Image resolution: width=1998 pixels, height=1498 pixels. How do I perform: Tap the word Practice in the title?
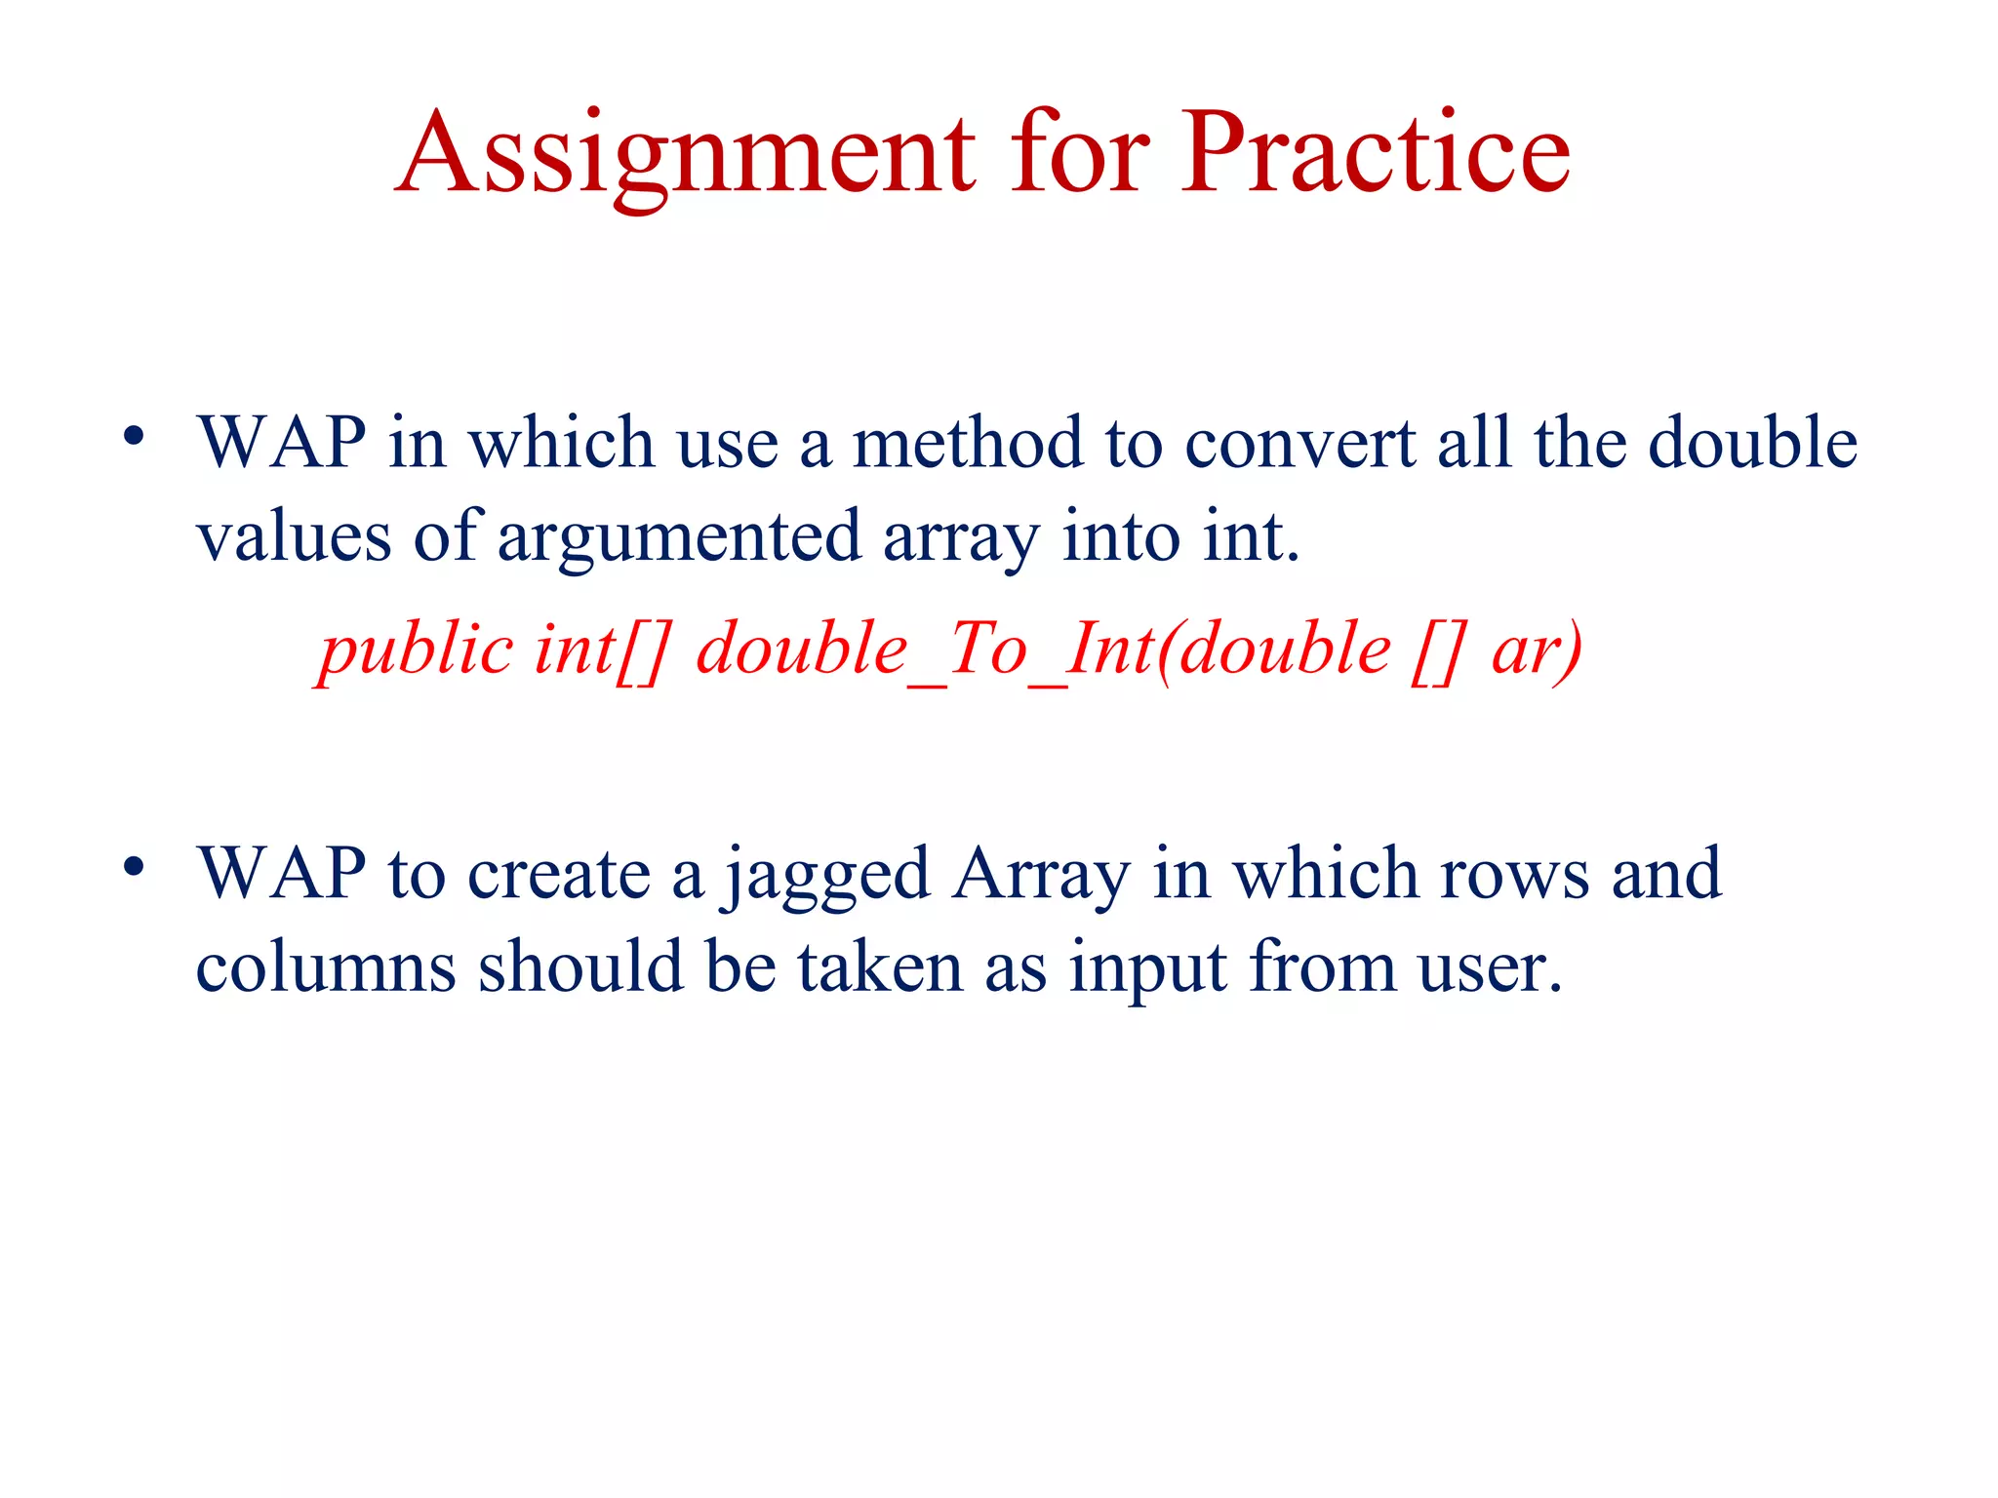pyautogui.click(x=1376, y=154)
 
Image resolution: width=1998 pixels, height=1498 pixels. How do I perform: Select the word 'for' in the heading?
pyautogui.click(x=1080, y=154)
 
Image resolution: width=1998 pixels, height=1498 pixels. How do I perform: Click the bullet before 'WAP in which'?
pyautogui.click(x=134, y=436)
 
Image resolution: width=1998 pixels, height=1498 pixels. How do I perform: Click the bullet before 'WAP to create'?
pyautogui.click(x=134, y=866)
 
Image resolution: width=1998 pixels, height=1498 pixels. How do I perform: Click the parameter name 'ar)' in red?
pyautogui.click(x=1537, y=651)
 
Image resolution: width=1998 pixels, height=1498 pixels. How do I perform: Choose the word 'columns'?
pyautogui.click(x=326, y=968)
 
